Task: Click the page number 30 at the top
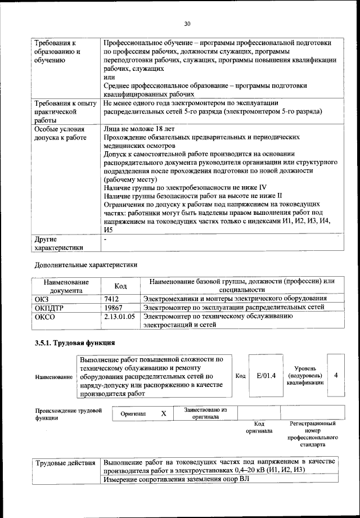187,24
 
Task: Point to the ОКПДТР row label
48,307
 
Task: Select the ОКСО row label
44,317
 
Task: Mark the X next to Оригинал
164,413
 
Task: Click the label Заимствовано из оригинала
205,413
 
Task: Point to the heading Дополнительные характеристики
85,264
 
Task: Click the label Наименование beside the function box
54,376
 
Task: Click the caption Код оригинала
259,427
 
